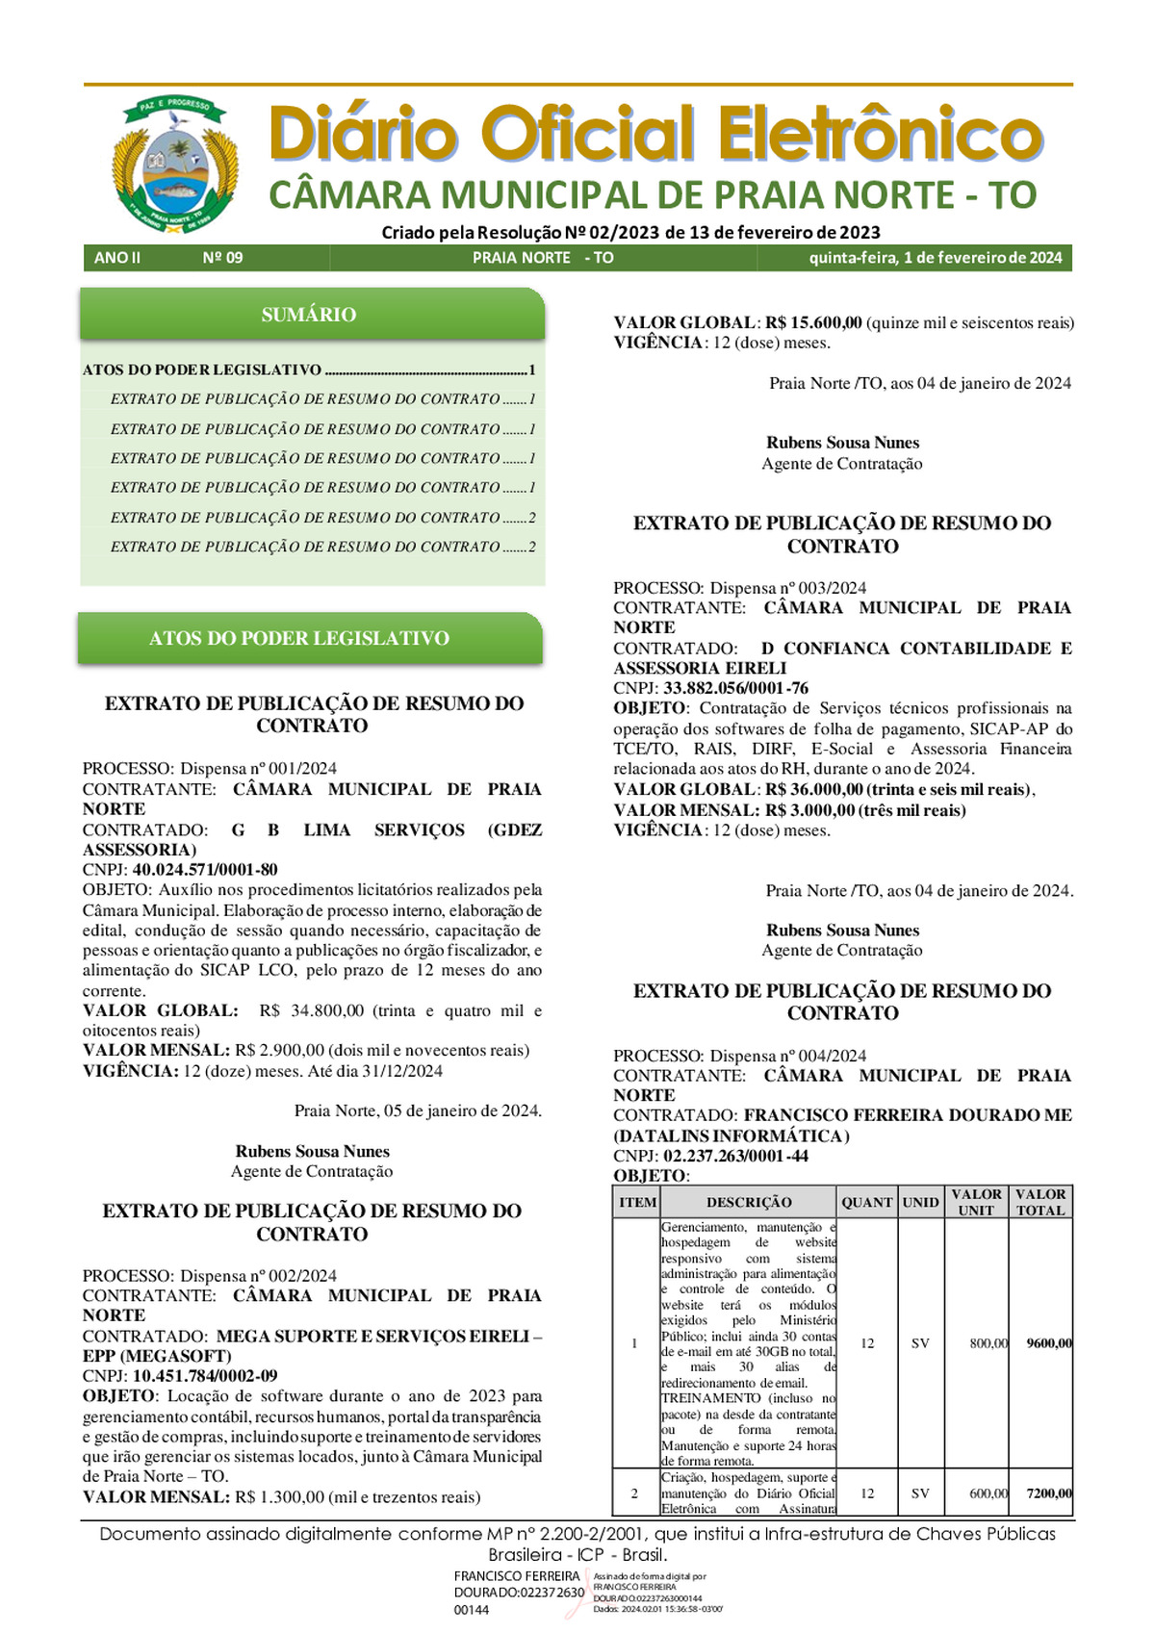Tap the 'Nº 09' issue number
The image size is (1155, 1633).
222,258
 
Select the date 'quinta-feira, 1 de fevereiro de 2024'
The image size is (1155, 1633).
935,258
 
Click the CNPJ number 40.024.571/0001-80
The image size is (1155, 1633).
205,870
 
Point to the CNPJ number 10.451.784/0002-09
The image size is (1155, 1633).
205,1376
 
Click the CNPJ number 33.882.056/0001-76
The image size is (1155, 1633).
736,688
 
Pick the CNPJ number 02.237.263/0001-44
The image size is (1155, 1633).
736,1156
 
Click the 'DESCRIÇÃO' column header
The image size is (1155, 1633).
749,1202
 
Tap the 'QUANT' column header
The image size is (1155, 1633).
867,1202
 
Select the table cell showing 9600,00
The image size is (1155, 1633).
1048,1343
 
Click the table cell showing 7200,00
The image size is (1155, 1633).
1048,1493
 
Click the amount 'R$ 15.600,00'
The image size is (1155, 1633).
813,323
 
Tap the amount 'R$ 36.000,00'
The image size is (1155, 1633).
813,790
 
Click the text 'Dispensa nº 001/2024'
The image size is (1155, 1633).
259,769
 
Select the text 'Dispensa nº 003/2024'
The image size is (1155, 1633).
788,588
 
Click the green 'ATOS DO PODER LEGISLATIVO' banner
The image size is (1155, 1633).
299,638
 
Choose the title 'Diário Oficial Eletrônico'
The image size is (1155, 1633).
655,134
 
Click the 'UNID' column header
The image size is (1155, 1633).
920,1202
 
